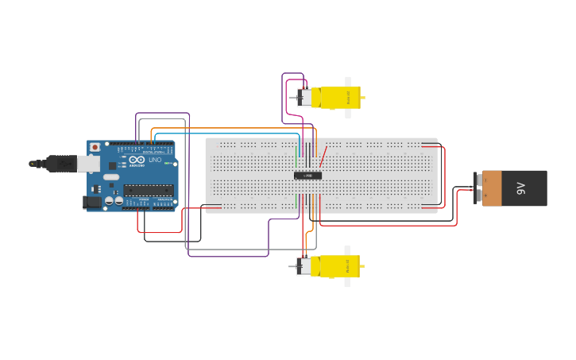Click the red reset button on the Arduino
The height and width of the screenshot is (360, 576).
click(95, 147)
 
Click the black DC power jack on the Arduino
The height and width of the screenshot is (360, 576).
click(92, 203)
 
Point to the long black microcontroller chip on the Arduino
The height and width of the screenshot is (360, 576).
click(148, 190)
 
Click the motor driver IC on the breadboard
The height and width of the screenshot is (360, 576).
click(308, 175)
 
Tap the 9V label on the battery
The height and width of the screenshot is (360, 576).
click(521, 188)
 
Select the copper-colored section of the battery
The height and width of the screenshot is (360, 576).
click(492, 188)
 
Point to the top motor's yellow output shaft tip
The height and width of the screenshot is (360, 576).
click(363, 98)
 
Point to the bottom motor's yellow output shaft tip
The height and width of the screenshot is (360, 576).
click(363, 266)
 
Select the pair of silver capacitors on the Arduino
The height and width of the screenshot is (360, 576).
click(114, 201)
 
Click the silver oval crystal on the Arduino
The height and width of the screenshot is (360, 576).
click(111, 176)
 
